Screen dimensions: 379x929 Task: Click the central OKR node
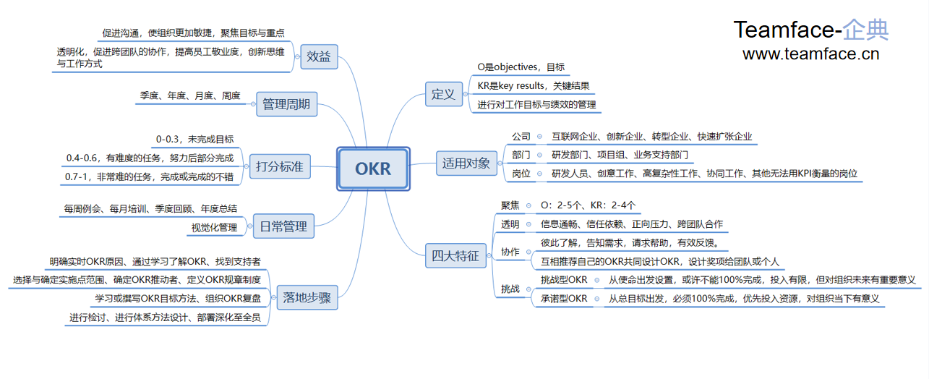click(x=373, y=169)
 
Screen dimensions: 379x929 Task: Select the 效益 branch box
click(x=319, y=57)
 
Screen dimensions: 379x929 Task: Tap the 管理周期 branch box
click(x=286, y=104)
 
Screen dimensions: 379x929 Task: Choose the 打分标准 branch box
click(x=279, y=167)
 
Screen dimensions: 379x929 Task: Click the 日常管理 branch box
click(x=283, y=226)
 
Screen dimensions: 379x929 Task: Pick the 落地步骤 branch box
click(x=307, y=297)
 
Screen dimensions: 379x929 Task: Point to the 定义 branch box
click(x=443, y=93)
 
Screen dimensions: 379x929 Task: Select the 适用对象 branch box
click(x=466, y=163)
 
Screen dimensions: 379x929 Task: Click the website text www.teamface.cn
click(x=810, y=54)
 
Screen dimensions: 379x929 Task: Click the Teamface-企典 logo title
click(x=810, y=30)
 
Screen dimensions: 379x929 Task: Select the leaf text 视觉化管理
click(x=214, y=228)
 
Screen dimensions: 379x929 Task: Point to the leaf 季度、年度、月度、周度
click(x=189, y=95)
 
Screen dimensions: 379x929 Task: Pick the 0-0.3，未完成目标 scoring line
click(x=194, y=139)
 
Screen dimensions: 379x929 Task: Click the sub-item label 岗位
click(x=521, y=174)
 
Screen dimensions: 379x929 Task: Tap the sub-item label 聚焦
click(x=510, y=205)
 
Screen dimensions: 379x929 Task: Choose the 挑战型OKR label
click(x=564, y=280)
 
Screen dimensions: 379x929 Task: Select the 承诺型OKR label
click(x=564, y=298)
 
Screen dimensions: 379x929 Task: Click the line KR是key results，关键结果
click(x=534, y=85)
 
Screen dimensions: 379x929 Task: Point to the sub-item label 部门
click(x=521, y=155)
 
